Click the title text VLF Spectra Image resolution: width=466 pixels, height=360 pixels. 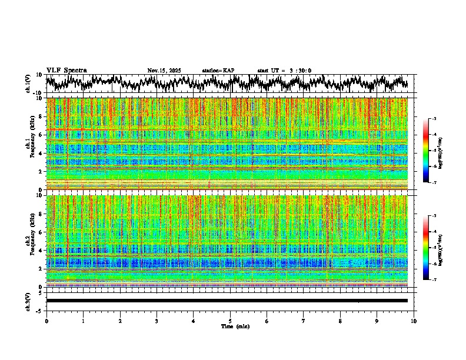point(66,70)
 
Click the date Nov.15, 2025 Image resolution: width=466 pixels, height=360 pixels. point(164,71)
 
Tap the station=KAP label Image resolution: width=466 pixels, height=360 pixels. point(218,71)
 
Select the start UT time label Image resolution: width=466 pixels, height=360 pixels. point(284,71)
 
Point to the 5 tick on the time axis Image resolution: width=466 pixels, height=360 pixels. point(230,321)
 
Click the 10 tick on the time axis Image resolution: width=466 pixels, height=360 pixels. point(414,321)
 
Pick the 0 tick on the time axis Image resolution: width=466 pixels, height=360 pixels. point(46,321)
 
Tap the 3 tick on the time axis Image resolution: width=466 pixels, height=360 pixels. point(157,321)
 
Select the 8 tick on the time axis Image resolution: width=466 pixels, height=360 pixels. point(340,321)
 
